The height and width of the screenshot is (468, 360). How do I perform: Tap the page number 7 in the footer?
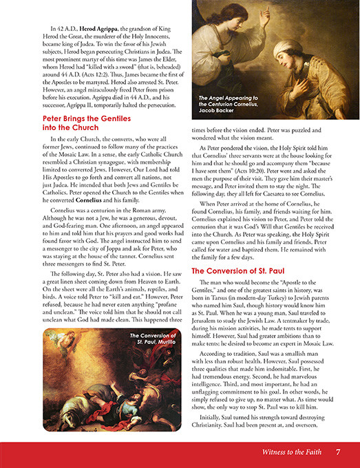pyautogui.click(x=337, y=452)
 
